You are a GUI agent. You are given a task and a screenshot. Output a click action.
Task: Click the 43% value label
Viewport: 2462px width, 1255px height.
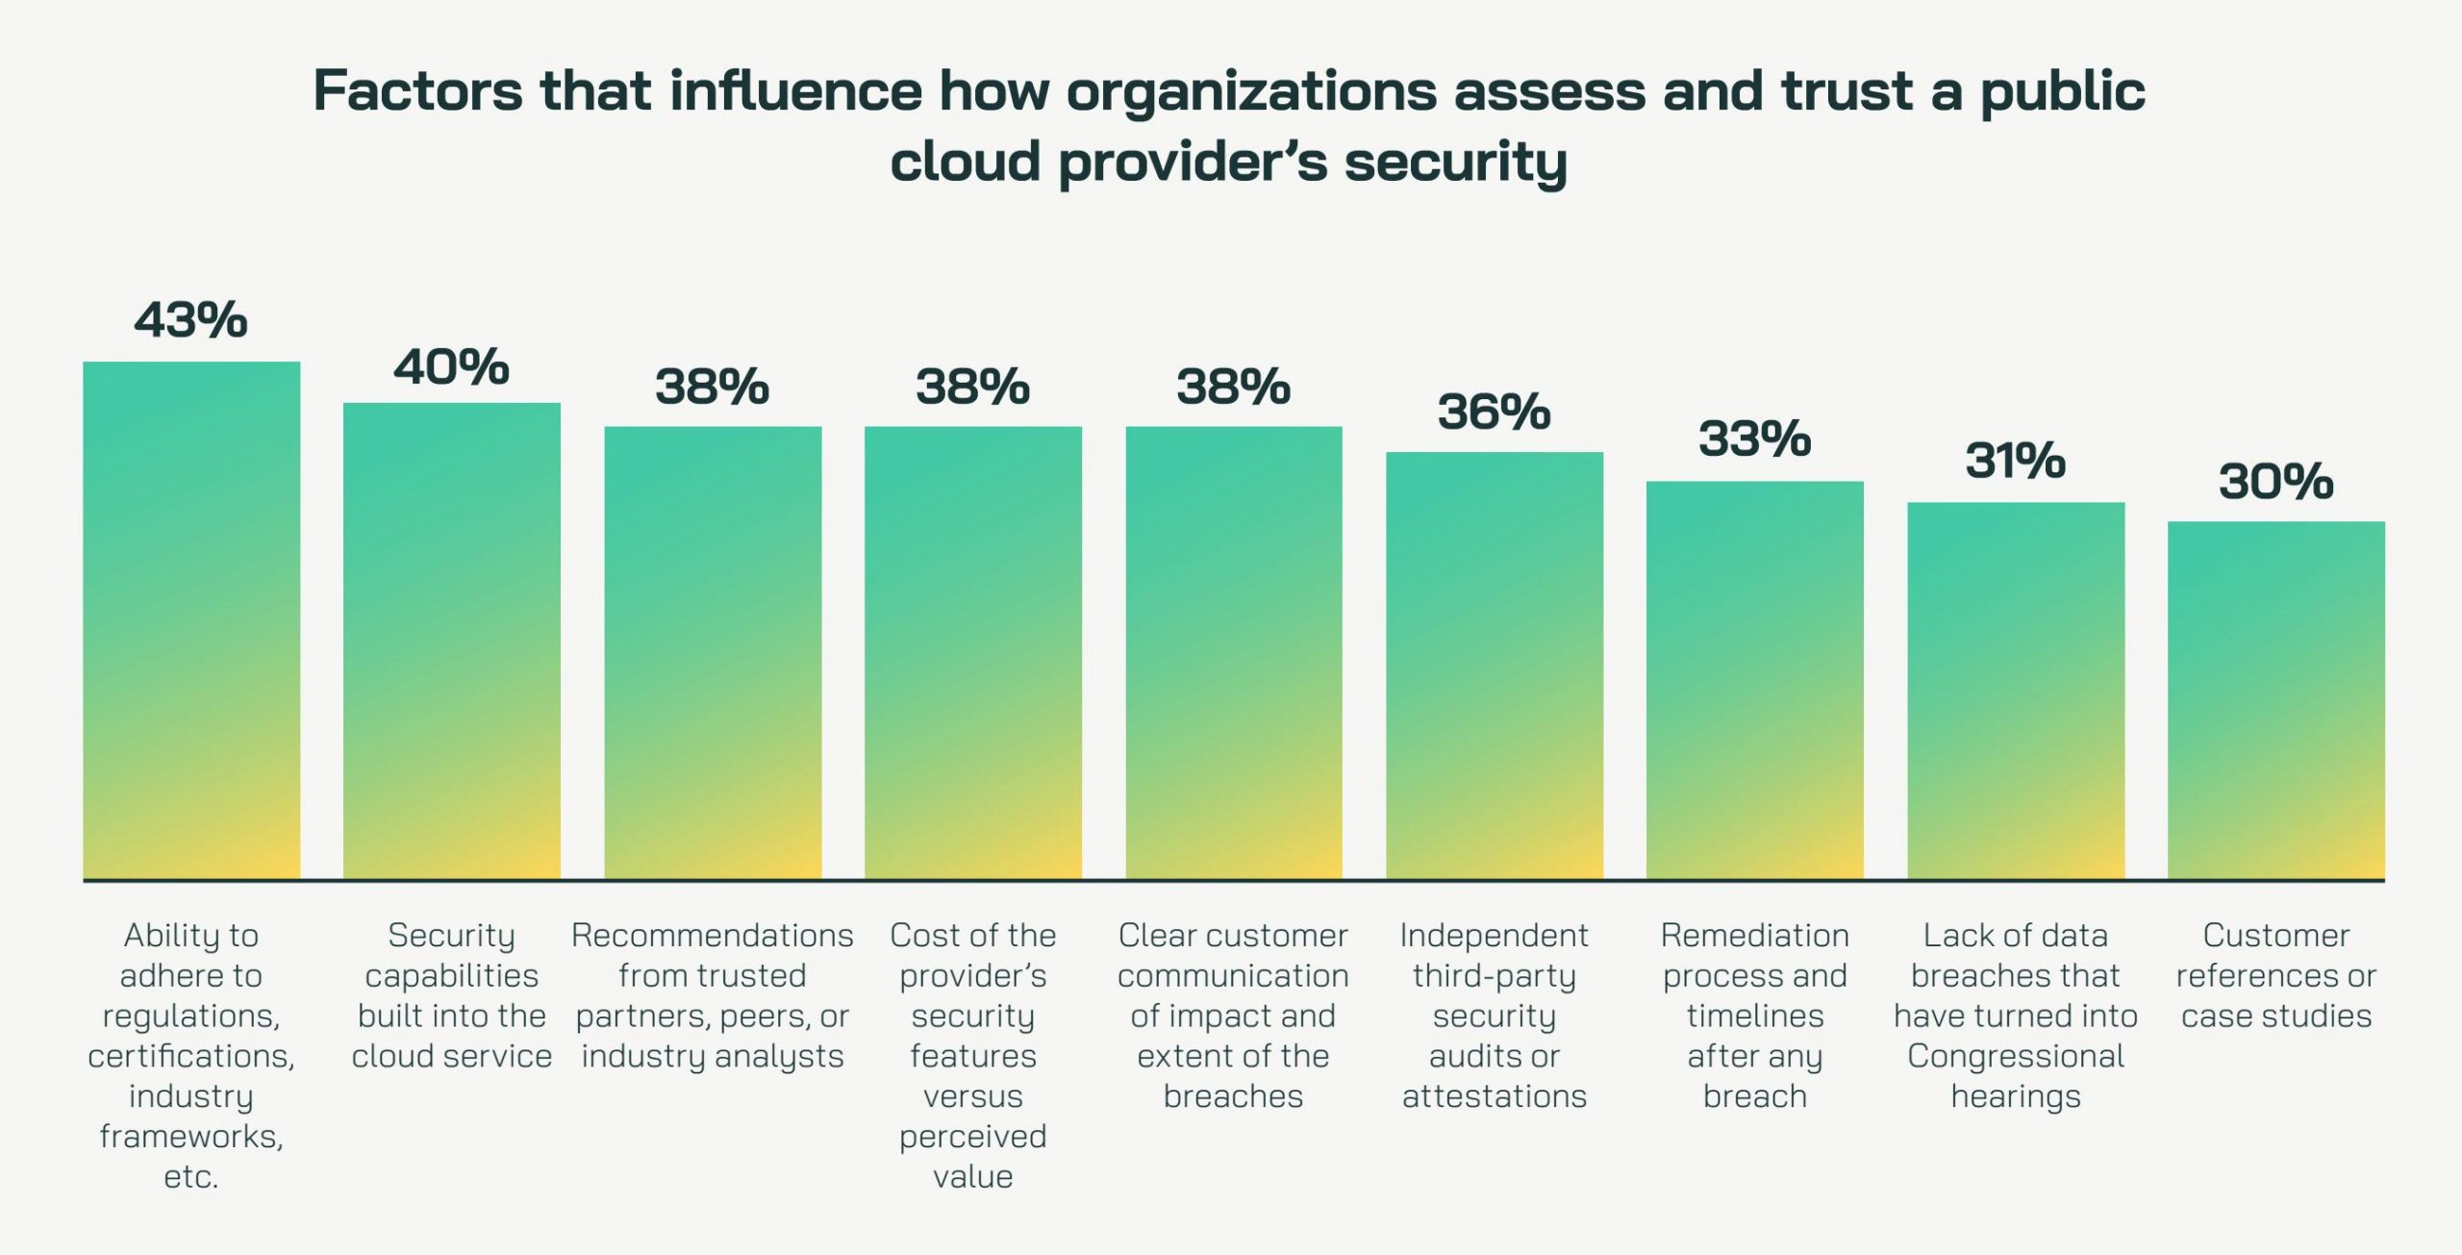coord(190,320)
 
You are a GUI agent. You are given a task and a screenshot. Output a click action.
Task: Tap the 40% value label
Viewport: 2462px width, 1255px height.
coord(451,367)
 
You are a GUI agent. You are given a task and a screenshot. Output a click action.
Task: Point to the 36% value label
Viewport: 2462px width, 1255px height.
coord(1494,413)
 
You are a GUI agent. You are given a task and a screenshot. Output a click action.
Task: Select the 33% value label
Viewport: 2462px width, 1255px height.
coord(1754,439)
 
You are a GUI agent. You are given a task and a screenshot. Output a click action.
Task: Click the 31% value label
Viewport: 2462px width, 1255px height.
coord(2015,461)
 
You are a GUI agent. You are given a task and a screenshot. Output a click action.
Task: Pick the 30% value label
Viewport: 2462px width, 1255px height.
coord(2275,482)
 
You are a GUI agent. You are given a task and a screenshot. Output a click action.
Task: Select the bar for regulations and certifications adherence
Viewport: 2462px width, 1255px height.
coord(191,620)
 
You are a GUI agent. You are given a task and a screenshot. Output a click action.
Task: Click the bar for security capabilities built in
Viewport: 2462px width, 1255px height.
coord(452,640)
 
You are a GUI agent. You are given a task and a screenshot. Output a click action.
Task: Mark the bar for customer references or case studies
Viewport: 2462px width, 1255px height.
coord(2276,700)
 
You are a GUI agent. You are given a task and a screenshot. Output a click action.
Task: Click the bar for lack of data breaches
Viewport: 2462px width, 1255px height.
coord(2016,690)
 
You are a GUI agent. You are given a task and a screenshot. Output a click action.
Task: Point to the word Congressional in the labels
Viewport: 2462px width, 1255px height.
coord(2016,1057)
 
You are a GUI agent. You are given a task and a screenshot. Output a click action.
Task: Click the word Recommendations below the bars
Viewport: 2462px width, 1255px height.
coord(712,936)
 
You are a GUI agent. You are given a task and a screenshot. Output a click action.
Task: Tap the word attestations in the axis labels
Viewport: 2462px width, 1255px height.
coord(1495,1097)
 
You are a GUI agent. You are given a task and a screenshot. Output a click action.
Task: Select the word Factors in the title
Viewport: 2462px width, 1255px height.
coord(417,92)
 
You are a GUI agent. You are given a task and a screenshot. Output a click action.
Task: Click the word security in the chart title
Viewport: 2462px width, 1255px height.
coord(1455,163)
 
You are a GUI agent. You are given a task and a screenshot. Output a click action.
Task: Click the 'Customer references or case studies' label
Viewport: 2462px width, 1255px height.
coord(2276,976)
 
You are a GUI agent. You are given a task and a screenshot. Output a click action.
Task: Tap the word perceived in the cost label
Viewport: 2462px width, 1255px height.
coord(972,1138)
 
